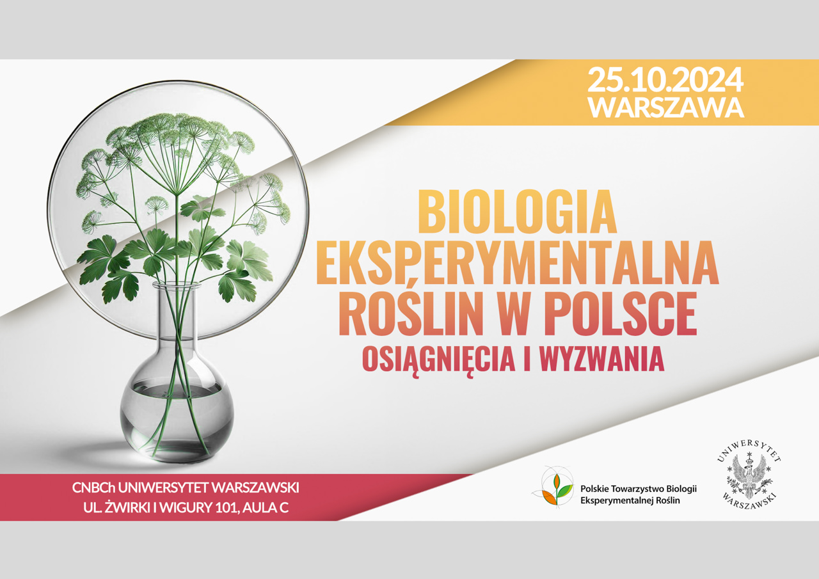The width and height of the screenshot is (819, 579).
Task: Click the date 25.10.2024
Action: (x=665, y=79)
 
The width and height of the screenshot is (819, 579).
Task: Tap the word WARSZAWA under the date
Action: (x=666, y=107)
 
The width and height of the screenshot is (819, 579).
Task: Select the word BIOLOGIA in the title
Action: (x=518, y=211)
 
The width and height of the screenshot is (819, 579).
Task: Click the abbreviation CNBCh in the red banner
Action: (x=93, y=488)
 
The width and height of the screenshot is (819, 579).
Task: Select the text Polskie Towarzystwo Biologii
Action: (x=639, y=488)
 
